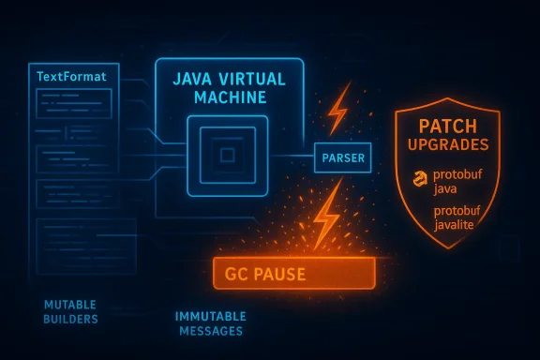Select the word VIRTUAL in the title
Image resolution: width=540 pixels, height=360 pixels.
254,81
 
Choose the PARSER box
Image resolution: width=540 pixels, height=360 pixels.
343,157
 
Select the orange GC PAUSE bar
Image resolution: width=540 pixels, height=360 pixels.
294,273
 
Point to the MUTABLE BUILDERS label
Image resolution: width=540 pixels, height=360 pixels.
69,312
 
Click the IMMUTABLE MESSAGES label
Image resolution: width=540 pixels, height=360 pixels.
210,324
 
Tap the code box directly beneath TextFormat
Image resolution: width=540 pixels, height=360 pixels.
72,100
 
